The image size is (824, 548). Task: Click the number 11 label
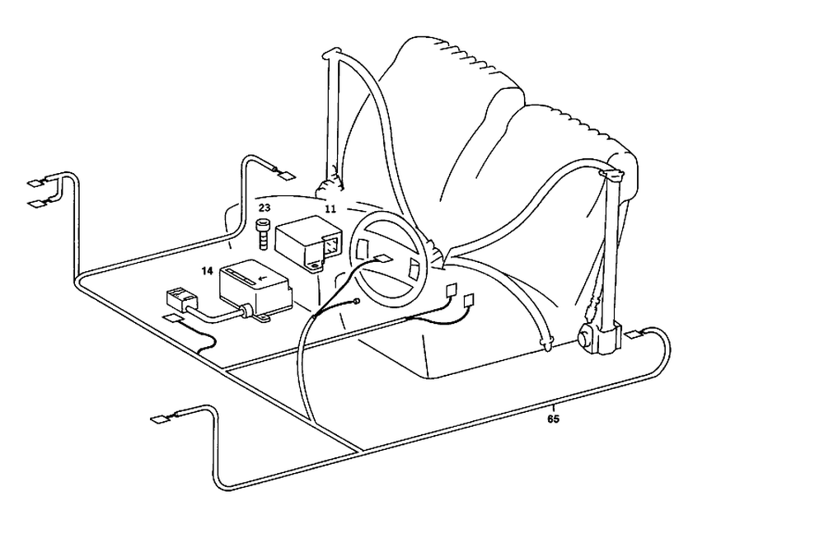click(330, 209)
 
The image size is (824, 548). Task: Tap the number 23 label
click(265, 208)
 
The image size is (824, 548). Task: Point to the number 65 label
click(554, 419)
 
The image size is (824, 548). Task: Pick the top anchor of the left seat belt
click(330, 54)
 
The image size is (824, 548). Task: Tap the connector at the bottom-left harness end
click(158, 419)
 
